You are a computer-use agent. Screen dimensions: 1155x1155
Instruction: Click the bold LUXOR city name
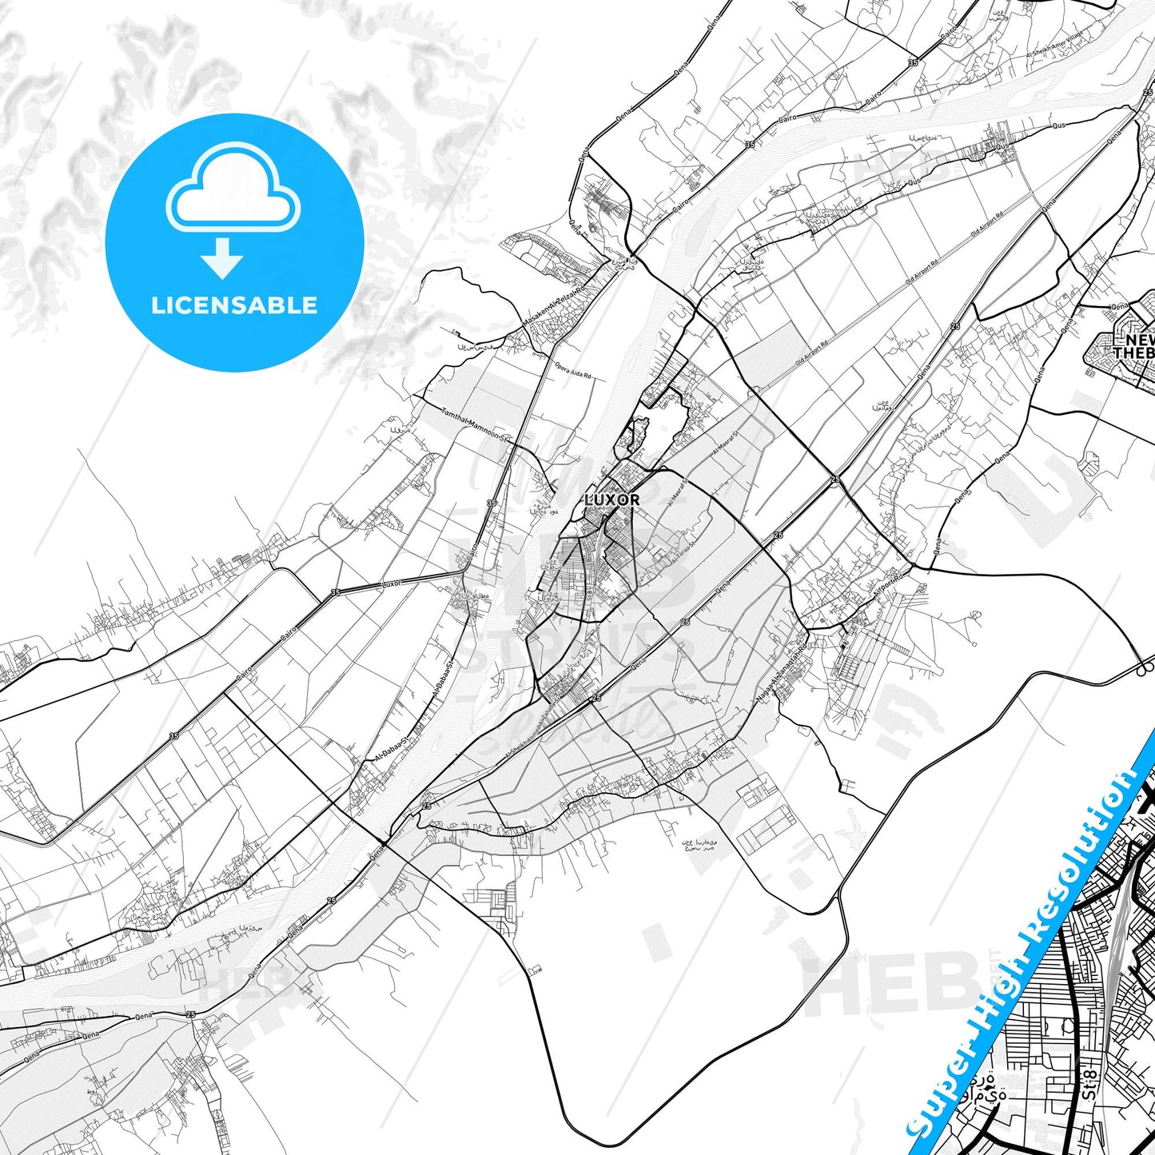[x=612, y=500]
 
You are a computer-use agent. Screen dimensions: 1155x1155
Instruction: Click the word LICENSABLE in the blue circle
[x=234, y=305]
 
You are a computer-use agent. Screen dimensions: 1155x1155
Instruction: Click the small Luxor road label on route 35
[x=391, y=583]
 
